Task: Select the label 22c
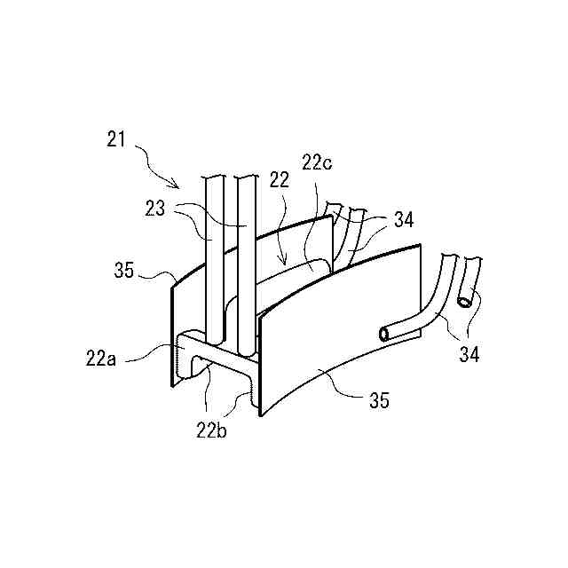317,162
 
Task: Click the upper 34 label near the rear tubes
403,220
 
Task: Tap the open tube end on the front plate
383,334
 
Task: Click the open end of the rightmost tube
466,302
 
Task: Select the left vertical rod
215,257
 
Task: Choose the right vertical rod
247,257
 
